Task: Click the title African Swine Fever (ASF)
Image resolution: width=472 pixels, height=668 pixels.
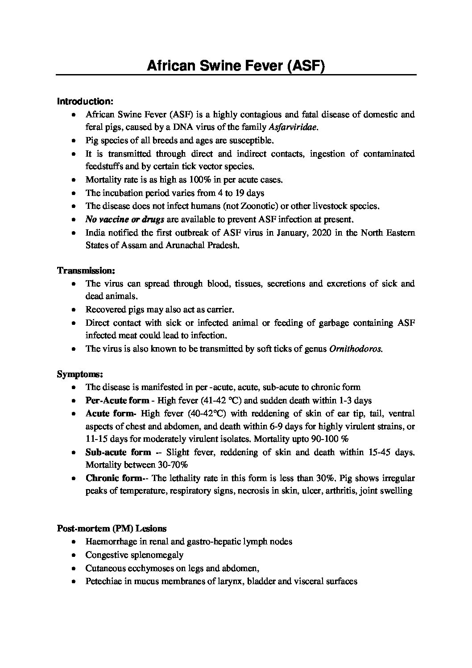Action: (236, 66)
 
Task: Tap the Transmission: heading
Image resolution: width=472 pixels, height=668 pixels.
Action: (86, 270)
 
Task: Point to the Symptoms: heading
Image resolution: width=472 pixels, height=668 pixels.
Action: (80, 374)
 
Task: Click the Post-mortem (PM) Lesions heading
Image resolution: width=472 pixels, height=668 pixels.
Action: (112, 528)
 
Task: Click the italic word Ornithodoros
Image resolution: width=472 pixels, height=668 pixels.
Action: (356, 349)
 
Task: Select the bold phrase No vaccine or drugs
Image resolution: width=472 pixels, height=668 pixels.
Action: (125, 219)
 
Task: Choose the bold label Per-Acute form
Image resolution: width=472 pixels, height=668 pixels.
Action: (117, 400)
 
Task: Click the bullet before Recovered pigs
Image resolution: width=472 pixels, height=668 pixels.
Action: (74, 310)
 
